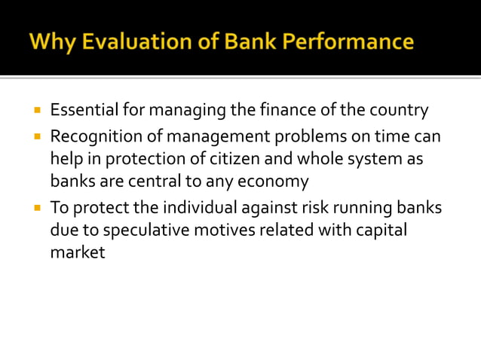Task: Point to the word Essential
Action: click(x=83, y=111)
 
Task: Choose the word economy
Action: click(x=272, y=182)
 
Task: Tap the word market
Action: click(x=78, y=252)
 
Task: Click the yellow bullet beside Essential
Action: click(x=36, y=110)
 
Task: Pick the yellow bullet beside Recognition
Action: click(x=36, y=137)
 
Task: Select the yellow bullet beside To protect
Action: click(x=36, y=206)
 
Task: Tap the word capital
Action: click(x=379, y=229)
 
